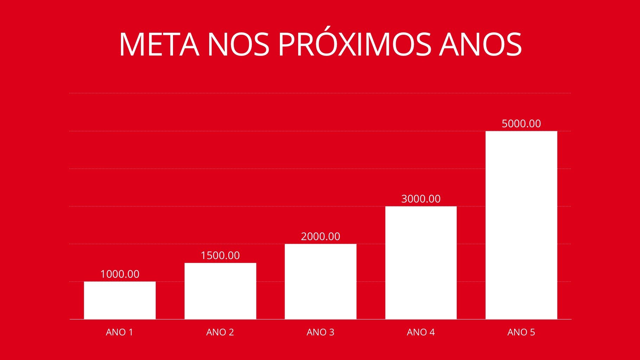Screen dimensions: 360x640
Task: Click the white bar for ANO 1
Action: click(x=120, y=300)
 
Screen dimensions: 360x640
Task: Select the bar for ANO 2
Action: click(x=220, y=291)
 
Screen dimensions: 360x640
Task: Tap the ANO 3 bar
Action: click(x=320, y=281)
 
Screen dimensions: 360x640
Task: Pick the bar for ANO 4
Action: click(x=421, y=263)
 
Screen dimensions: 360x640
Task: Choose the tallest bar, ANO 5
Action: click(x=521, y=225)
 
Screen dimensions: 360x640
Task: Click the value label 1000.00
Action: click(x=120, y=274)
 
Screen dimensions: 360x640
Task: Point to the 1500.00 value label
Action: click(x=220, y=255)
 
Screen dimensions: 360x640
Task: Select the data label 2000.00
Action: click(x=320, y=236)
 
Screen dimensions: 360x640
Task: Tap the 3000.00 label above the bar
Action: click(x=421, y=199)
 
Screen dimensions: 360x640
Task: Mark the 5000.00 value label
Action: click(x=521, y=123)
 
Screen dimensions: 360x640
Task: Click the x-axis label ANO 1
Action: click(x=120, y=332)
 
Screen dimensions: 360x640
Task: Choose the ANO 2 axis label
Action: click(x=220, y=332)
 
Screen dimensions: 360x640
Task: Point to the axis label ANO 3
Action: click(x=320, y=332)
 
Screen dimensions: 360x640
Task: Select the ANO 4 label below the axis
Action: click(x=421, y=332)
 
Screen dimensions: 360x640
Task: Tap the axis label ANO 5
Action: click(x=521, y=332)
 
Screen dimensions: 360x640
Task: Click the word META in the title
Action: click(x=159, y=45)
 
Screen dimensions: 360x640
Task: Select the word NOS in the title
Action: click(x=238, y=45)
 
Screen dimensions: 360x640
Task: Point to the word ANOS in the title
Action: click(x=480, y=45)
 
